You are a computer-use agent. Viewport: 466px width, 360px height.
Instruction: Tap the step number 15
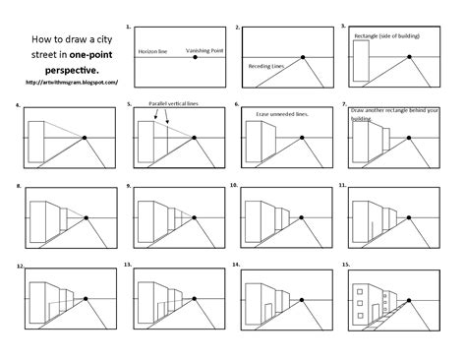click(342, 266)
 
